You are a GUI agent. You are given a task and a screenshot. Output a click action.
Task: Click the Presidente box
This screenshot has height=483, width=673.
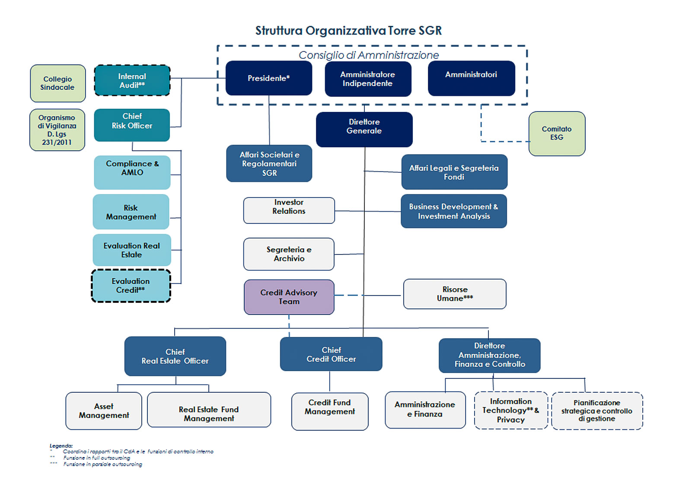[x=268, y=78]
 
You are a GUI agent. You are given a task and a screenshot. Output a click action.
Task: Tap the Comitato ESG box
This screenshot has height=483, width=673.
[x=556, y=133]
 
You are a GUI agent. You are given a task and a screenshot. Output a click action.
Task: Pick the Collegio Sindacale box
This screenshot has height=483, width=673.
[x=57, y=83]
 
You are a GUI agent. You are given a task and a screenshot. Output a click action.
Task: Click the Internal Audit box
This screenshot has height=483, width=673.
[x=132, y=80]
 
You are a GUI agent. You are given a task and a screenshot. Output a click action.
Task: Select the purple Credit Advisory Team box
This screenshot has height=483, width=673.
[x=289, y=297]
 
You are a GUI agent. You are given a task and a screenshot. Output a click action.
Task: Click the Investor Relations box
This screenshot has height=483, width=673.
[x=289, y=210]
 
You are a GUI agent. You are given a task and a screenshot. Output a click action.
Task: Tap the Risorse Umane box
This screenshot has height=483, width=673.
[x=454, y=294]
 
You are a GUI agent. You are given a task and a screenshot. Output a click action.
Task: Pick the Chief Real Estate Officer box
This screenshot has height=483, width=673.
[x=175, y=356]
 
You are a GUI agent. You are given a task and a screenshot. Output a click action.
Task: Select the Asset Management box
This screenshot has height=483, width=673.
[x=104, y=411]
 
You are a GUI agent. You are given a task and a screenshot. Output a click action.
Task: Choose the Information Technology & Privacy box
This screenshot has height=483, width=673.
[x=510, y=410]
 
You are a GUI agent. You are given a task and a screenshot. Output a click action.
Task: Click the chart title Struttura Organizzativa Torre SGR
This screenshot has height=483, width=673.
[x=348, y=31]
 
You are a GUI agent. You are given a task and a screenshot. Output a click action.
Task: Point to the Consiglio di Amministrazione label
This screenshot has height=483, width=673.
[x=368, y=55]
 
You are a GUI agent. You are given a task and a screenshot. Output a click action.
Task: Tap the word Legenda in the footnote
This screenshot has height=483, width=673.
[x=61, y=446]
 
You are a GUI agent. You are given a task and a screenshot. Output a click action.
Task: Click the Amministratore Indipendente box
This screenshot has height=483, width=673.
[x=367, y=79]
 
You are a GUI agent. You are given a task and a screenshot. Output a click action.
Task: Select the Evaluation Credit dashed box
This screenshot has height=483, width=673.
[x=131, y=286]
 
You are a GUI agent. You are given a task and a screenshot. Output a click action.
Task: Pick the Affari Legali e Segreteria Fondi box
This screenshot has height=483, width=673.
[x=454, y=172]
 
